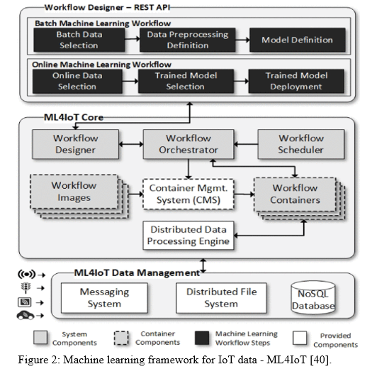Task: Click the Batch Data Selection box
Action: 79,40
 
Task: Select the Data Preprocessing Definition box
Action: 188,40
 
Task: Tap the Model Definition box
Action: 298,40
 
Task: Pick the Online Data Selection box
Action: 77,81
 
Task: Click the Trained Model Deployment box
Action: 296,81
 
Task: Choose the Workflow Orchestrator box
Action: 188,144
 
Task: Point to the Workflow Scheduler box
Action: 301,144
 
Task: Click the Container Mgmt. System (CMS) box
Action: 188,194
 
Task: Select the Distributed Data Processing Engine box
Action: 188,236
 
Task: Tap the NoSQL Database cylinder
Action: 313,298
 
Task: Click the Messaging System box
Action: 104,298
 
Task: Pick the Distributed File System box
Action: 221,298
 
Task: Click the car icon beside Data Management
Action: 26,315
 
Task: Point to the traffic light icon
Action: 26,287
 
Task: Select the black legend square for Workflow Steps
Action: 202,338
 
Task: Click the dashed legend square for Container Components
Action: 121,338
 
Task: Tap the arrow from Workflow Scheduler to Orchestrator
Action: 246,145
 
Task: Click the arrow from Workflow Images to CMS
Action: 135,194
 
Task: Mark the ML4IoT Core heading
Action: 74,117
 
